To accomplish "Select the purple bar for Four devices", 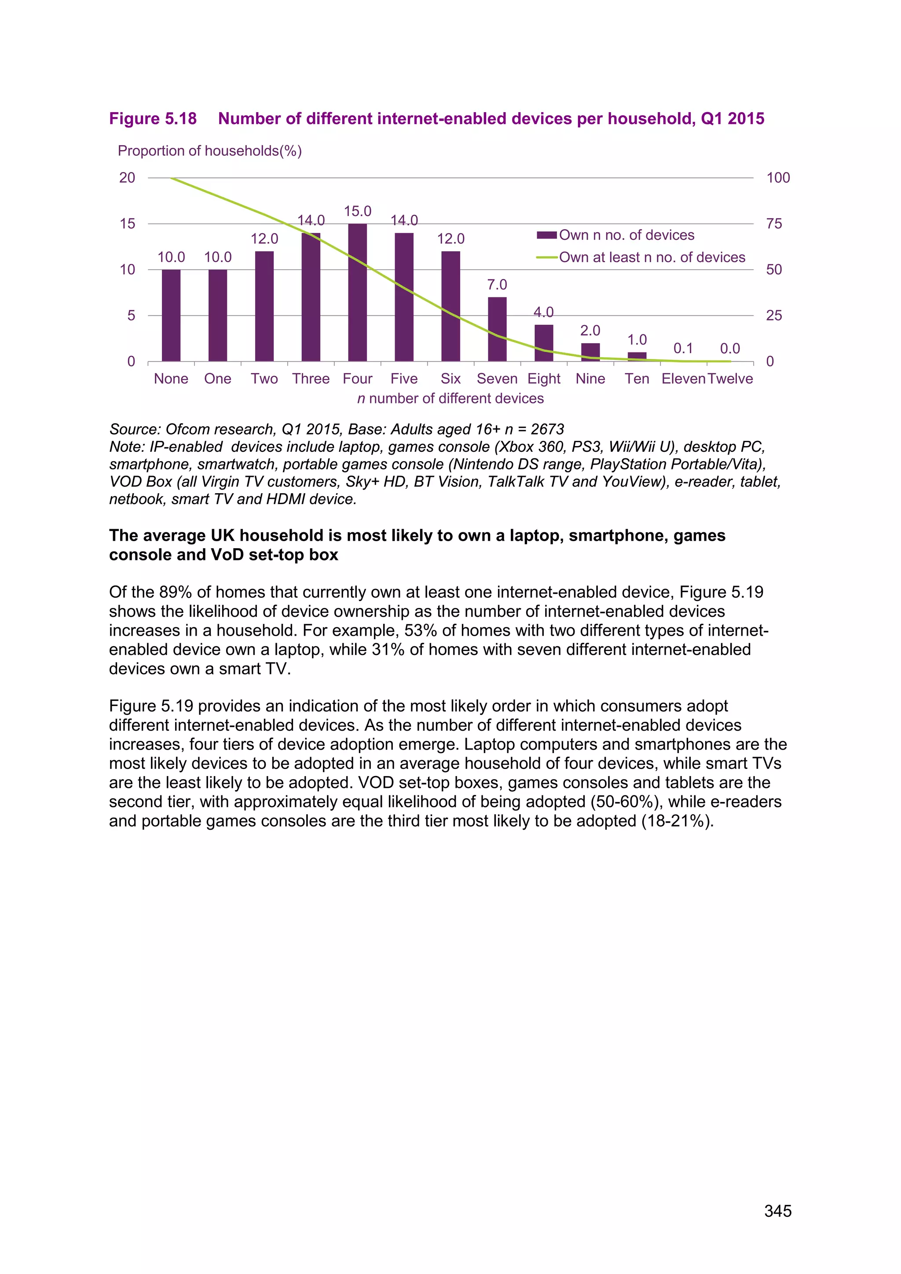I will click(x=357, y=293).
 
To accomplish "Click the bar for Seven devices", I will click(x=497, y=329).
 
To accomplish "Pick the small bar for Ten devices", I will click(x=637, y=356).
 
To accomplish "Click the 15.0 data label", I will click(x=357, y=212).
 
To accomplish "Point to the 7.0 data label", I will click(x=497, y=285).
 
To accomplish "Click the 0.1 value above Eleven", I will click(x=683, y=348).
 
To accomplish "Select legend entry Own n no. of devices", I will click(x=626, y=235).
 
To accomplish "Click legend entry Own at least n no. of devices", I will click(x=652, y=257).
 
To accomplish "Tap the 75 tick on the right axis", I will click(x=774, y=223).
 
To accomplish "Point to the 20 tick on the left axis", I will click(x=127, y=178).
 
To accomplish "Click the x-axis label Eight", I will click(x=544, y=379).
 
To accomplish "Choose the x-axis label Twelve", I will click(x=730, y=379).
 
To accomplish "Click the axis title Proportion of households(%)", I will click(x=210, y=151).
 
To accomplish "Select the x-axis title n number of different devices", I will click(x=450, y=399).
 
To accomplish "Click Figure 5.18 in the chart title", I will click(x=153, y=119).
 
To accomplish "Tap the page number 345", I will click(x=777, y=1211).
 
